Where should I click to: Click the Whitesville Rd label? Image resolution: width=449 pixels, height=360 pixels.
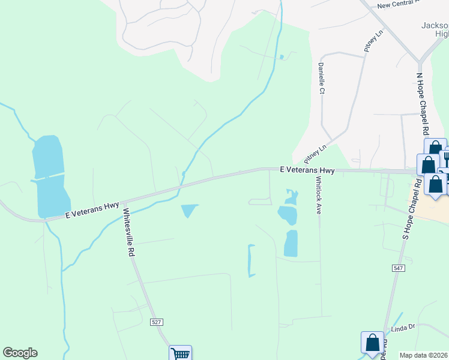tap(128, 233)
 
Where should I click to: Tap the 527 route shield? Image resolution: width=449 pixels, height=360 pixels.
tap(156, 322)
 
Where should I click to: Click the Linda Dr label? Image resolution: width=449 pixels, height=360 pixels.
tap(403, 327)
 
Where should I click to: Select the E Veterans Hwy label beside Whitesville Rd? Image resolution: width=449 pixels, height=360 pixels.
tap(92, 210)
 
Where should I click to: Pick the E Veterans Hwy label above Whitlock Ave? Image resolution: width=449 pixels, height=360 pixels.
tap(307, 170)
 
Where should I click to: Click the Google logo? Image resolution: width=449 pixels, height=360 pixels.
tap(20, 353)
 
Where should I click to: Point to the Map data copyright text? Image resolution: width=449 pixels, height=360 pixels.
tap(423, 355)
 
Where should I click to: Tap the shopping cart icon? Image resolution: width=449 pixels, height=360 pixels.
tap(180, 353)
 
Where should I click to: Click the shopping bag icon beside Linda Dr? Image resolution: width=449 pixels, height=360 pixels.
tap(372, 343)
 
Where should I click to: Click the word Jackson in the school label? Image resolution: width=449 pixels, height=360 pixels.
tap(435, 25)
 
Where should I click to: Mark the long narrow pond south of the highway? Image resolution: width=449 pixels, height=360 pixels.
tap(252, 260)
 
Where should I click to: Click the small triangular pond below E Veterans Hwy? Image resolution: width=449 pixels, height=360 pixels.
tap(188, 211)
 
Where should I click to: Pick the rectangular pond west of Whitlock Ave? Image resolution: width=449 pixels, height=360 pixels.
tap(291, 244)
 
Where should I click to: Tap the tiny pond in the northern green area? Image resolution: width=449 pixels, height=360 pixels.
tap(282, 58)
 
